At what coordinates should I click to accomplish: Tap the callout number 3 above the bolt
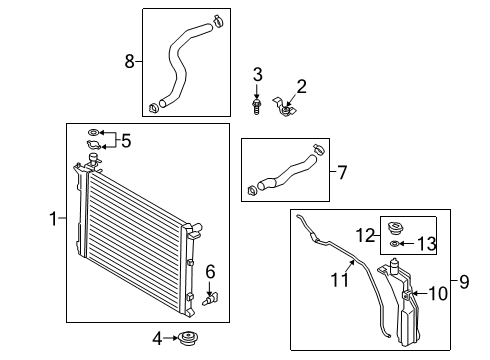257,74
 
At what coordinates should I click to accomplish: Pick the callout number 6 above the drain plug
210,271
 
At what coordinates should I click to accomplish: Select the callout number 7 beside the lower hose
342,173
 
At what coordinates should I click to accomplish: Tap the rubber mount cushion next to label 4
186,340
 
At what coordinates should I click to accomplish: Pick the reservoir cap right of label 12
397,226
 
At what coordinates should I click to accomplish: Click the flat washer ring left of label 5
93,133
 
